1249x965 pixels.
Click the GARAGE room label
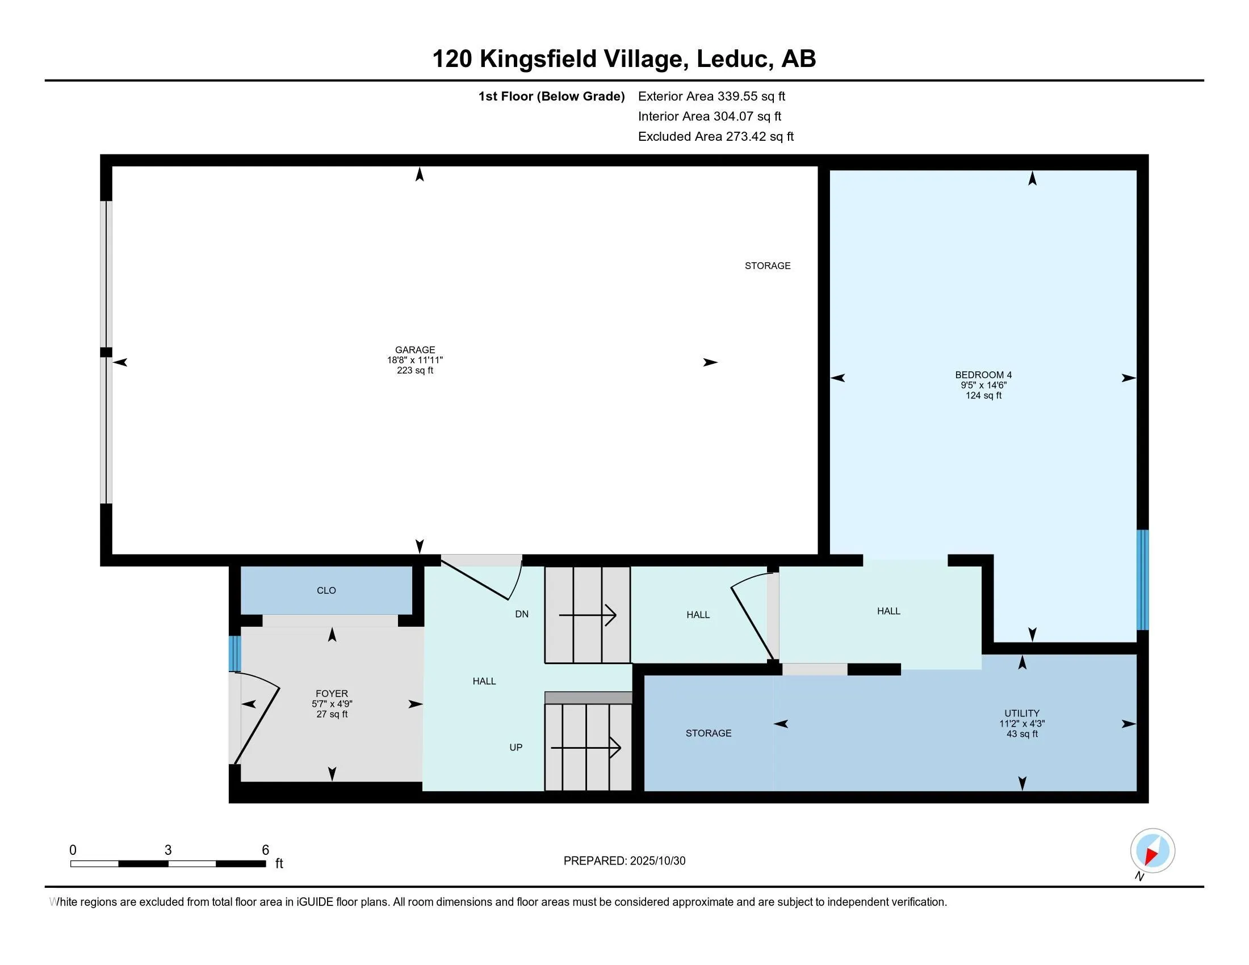click(414, 350)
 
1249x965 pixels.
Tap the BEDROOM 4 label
click(983, 375)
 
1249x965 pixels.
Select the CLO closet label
click(326, 590)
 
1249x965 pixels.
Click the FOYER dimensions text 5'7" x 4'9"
click(332, 704)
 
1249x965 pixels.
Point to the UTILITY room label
click(1021, 714)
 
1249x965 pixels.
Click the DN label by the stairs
click(522, 614)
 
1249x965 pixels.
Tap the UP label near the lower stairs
click(516, 748)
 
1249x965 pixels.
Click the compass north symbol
click(1152, 851)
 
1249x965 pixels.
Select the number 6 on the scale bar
click(265, 850)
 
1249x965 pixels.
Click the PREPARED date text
click(624, 861)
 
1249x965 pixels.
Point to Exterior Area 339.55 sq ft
click(711, 96)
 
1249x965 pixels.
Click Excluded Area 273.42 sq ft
click(715, 136)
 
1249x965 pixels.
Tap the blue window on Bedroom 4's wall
click(1142, 580)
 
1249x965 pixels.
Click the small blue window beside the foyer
click(234, 654)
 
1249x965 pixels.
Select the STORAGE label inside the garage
click(768, 266)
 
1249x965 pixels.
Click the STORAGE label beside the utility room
click(708, 733)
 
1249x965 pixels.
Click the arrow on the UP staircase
click(586, 748)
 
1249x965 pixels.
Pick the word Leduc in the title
click(732, 59)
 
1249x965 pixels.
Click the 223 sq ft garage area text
click(414, 371)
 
